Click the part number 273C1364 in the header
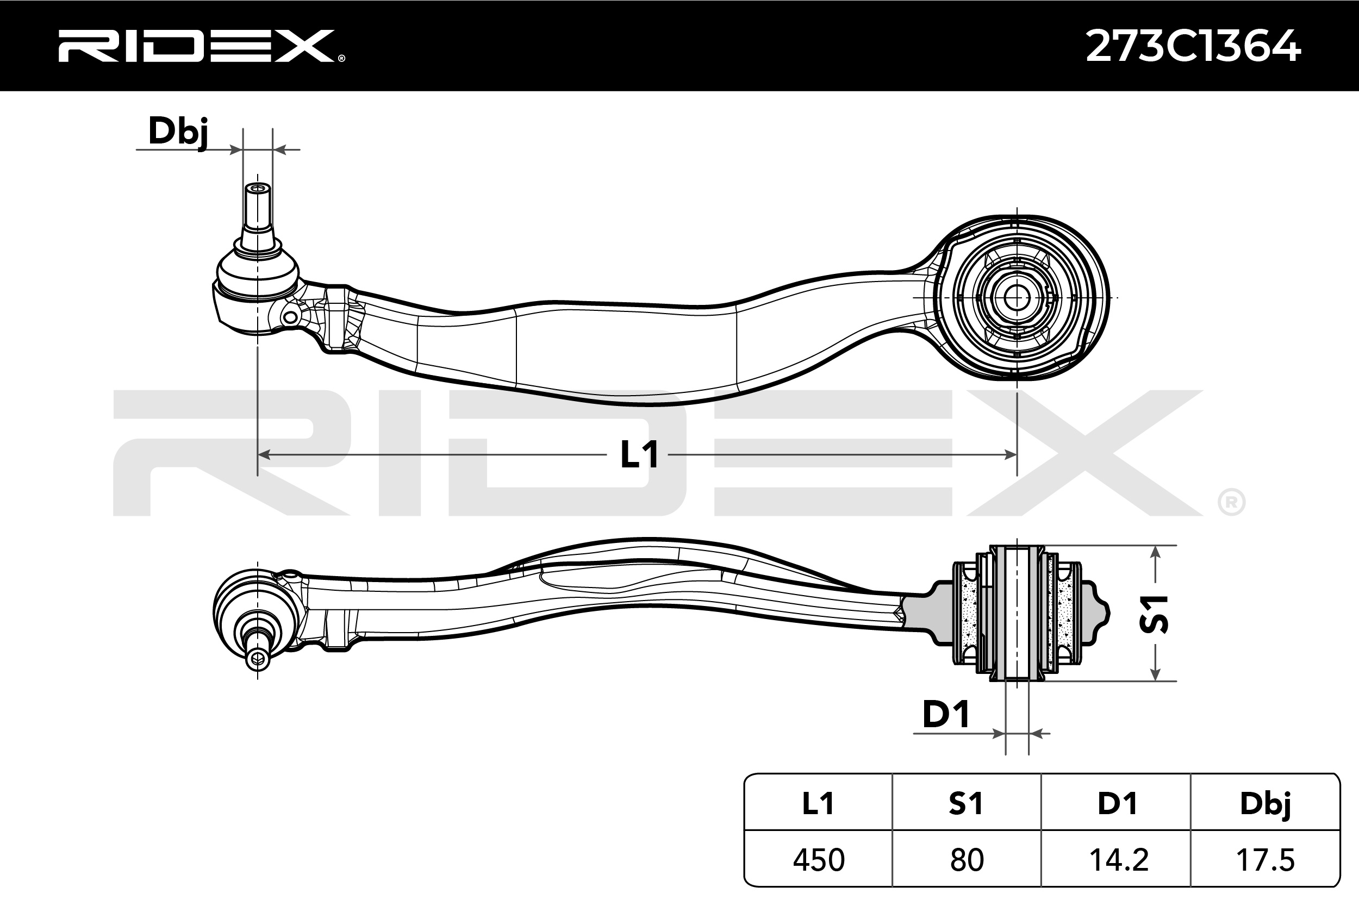[1194, 46]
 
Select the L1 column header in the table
[818, 804]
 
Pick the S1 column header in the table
[966, 804]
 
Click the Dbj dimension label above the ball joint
[177, 132]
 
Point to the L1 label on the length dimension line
[639, 454]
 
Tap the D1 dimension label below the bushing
[945, 715]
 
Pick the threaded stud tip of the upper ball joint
[258, 190]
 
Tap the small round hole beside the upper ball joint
[291, 317]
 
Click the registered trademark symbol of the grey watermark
[1231, 502]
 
